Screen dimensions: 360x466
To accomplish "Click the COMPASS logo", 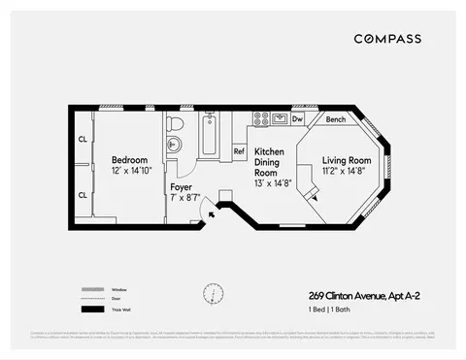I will pyautogui.click(x=386, y=39).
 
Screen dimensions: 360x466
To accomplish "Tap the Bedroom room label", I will pyautogui.click(x=129, y=160).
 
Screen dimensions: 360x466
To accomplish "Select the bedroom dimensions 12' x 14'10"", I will pyautogui.click(x=129, y=172).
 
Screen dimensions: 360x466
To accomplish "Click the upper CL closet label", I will pyautogui.click(x=82, y=139).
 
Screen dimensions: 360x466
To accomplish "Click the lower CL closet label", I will pyautogui.click(x=82, y=194).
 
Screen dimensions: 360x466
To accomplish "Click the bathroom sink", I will pyautogui.click(x=174, y=146).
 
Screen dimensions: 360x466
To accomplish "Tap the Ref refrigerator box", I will pyautogui.click(x=239, y=151).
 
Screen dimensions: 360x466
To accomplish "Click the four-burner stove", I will pyautogui.click(x=261, y=118).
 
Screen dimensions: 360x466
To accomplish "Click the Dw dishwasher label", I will pyautogui.click(x=298, y=119).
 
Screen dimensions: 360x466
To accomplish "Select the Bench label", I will pyautogui.click(x=335, y=119).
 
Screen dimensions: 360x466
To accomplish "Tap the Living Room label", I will pyautogui.click(x=347, y=160).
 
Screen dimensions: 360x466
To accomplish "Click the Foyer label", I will pyautogui.click(x=181, y=186).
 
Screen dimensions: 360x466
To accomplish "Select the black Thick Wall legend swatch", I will pyautogui.click(x=91, y=310).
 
